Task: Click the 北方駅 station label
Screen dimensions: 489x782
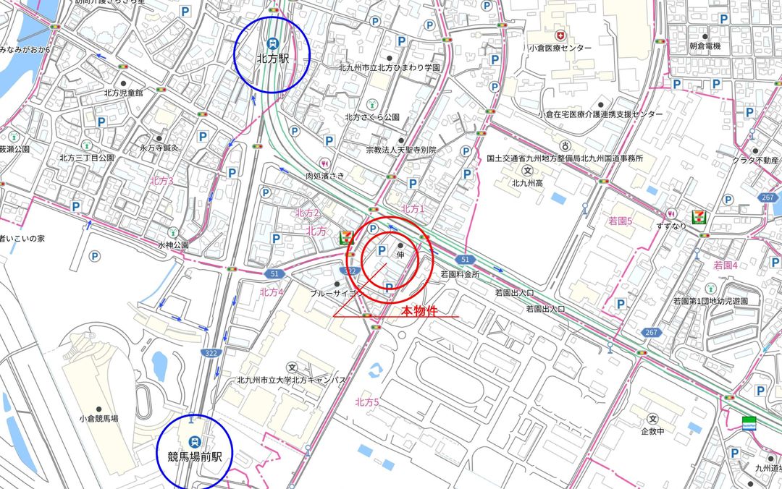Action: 272,59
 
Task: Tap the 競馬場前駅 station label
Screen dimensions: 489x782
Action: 193,456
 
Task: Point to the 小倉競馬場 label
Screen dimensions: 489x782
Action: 99,418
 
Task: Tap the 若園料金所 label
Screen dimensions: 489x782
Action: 460,275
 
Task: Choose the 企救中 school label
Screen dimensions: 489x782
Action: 652,431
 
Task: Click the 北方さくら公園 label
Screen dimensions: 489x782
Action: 372,116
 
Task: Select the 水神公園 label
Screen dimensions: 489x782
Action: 173,244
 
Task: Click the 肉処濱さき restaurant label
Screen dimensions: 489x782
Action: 324,175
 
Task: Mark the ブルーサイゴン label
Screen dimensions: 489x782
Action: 336,294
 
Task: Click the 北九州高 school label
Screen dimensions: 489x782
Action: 527,182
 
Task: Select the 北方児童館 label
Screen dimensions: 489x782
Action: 123,93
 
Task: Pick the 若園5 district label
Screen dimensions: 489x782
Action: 621,221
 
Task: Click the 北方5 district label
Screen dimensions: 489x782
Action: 367,401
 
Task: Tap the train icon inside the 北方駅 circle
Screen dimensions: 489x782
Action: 272,43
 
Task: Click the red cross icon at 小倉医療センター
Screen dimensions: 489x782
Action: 559,35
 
